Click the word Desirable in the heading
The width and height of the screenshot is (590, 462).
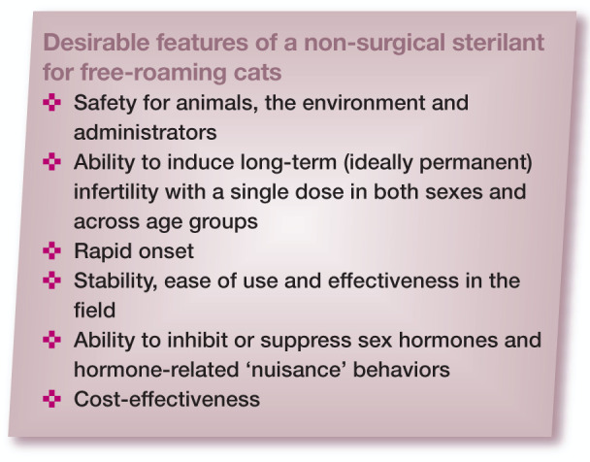click(96, 42)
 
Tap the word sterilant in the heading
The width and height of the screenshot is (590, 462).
click(498, 42)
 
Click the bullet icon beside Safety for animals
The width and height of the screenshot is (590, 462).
click(52, 102)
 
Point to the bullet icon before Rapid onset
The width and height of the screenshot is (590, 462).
click(52, 250)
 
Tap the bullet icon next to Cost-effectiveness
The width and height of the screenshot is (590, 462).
click(52, 399)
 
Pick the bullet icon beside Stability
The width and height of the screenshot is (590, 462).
click(52, 280)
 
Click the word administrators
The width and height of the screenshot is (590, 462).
click(146, 132)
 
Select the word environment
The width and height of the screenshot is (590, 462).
click(364, 103)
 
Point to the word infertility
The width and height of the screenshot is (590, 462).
click(116, 192)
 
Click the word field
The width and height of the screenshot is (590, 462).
click(94, 310)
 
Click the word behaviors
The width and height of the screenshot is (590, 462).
click(401, 370)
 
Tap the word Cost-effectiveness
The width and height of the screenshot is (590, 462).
click(167, 399)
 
